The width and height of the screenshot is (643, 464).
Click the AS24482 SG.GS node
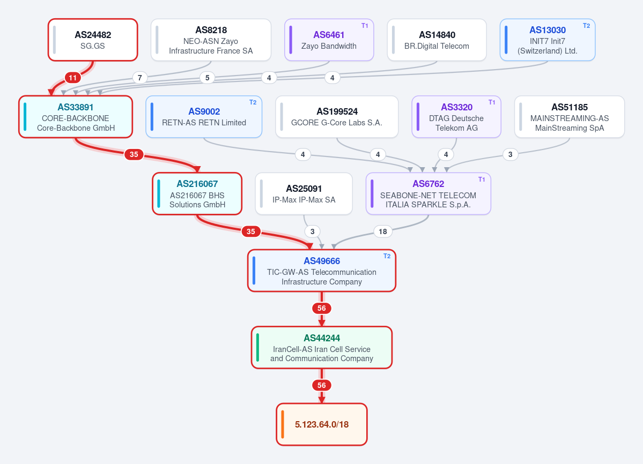(x=93, y=40)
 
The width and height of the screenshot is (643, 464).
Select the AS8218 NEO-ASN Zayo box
(x=211, y=40)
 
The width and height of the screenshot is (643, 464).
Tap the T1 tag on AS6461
(x=365, y=26)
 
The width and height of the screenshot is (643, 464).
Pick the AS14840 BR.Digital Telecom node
(x=437, y=40)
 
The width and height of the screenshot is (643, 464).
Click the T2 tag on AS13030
(x=586, y=26)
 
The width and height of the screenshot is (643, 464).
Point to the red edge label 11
(x=72, y=78)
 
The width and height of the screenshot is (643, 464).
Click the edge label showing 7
(x=140, y=78)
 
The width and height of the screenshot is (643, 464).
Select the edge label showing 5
(x=208, y=78)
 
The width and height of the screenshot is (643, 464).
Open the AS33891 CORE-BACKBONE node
(x=76, y=117)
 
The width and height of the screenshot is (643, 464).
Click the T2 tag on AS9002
(x=253, y=102)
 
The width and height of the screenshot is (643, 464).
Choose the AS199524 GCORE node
(x=337, y=117)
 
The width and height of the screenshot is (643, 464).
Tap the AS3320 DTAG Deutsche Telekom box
(x=456, y=117)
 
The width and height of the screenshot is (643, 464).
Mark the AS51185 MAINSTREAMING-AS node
(x=570, y=117)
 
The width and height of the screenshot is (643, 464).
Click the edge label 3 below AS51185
(x=510, y=154)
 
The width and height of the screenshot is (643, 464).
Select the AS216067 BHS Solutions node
(x=197, y=194)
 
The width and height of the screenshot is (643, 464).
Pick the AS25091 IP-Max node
(x=304, y=194)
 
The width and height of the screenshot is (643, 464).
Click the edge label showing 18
(x=382, y=231)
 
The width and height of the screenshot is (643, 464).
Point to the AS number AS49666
(x=322, y=261)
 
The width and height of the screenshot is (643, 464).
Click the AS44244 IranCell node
(x=322, y=347)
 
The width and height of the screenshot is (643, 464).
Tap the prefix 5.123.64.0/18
(x=322, y=424)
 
